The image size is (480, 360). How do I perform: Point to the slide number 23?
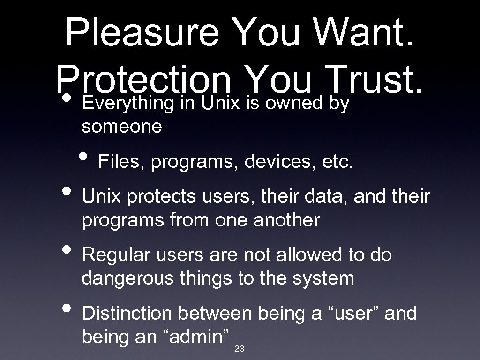point(239,348)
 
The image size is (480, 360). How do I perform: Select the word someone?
point(122,127)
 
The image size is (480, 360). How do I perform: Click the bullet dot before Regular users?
point(67,249)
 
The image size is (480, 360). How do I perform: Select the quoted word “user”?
point(353,313)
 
